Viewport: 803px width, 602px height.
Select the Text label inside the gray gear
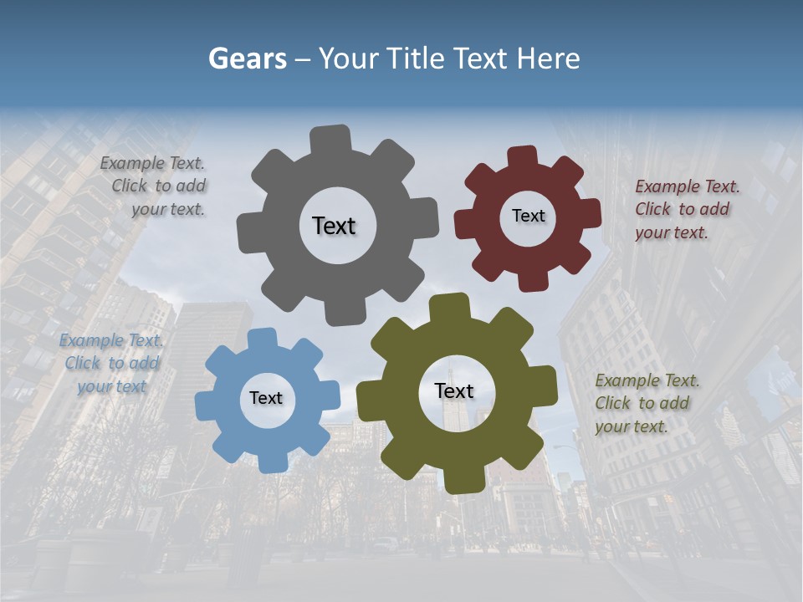[334, 226]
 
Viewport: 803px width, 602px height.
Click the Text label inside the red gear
[528, 216]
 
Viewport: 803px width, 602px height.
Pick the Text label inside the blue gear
[266, 398]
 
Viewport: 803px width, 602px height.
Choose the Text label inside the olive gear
[454, 390]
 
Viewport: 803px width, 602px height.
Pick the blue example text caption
[112, 363]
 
